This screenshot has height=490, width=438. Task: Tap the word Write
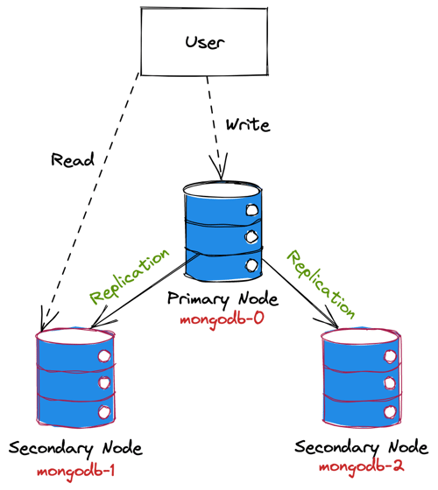coord(248,125)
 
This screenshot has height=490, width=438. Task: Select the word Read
coord(73,159)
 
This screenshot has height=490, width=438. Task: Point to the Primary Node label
coord(223,299)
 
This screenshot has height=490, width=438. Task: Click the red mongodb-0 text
coord(223,320)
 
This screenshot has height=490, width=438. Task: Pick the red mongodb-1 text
coord(75,472)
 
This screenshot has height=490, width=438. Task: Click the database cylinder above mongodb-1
coord(75,377)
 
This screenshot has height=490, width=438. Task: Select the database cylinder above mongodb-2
coord(361,377)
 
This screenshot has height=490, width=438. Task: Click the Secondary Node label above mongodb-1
coord(75,449)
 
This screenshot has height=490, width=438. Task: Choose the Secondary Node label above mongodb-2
coord(361,447)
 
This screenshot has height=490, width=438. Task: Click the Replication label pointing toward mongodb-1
coord(130,276)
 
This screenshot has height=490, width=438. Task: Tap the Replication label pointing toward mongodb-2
coord(321,284)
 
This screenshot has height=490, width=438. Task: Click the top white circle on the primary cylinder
coord(251,210)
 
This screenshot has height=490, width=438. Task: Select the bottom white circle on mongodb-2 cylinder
coord(391,412)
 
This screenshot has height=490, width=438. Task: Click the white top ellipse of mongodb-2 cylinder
coord(361,337)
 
